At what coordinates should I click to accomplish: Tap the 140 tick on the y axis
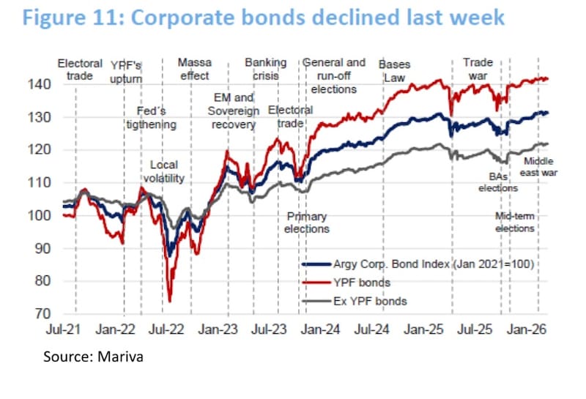pyautogui.click(x=42, y=85)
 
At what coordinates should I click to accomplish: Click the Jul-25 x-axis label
pyautogui.click(x=478, y=330)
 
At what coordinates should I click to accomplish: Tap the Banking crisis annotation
pyautogui.click(x=265, y=69)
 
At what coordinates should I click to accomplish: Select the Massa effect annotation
pyautogui.click(x=194, y=69)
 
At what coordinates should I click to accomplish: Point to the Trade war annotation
pyautogui.click(x=478, y=69)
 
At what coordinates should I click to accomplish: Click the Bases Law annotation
pyautogui.click(x=394, y=69)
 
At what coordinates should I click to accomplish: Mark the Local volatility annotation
pyautogui.click(x=163, y=171)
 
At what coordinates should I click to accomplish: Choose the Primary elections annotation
pyautogui.click(x=307, y=223)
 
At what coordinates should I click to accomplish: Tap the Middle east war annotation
pyautogui.click(x=537, y=167)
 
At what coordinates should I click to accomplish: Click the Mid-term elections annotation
pyautogui.click(x=515, y=223)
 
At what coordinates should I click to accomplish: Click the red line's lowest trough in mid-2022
pyautogui.click(x=170, y=300)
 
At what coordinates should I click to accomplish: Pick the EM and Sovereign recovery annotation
pyautogui.click(x=233, y=111)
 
